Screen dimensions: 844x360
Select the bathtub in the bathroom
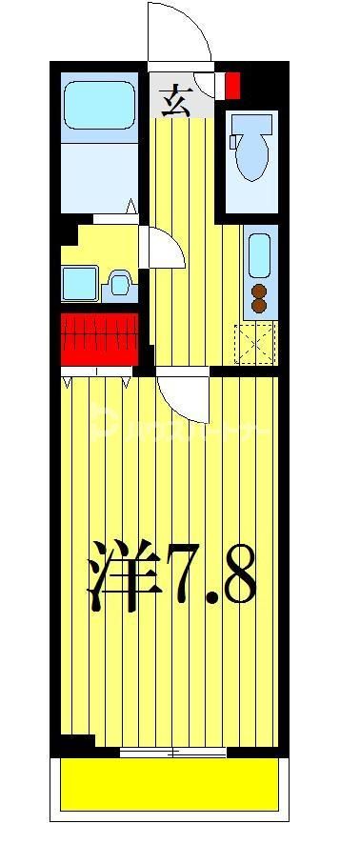coord(99,106)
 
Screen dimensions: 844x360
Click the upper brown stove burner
coord(257,291)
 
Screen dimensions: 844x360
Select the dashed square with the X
coord(254,343)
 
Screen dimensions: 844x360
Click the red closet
coord(100,338)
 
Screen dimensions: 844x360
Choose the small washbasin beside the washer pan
coord(119,283)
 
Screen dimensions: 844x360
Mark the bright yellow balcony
coord(171,783)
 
